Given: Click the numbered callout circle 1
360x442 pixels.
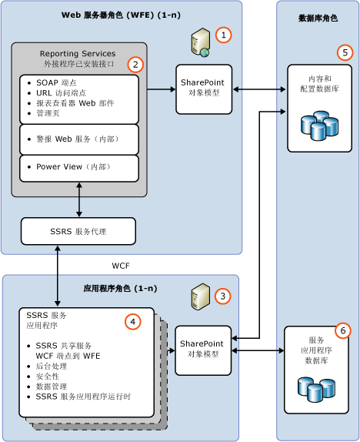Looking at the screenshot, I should tap(222, 35).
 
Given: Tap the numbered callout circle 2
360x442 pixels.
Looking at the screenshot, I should tap(135, 65).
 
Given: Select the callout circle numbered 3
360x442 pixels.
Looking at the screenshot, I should tap(222, 296).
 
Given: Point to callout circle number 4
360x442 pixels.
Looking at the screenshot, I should tap(133, 321).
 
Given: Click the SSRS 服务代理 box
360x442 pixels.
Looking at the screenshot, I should tap(78, 231).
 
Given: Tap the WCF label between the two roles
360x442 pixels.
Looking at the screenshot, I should tap(122, 266).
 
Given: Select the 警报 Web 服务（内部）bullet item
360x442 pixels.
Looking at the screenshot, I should tap(78, 139).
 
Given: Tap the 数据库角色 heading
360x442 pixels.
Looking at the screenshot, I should tap(317, 17).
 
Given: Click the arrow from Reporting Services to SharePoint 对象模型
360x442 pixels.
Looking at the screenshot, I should tap(161, 89).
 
